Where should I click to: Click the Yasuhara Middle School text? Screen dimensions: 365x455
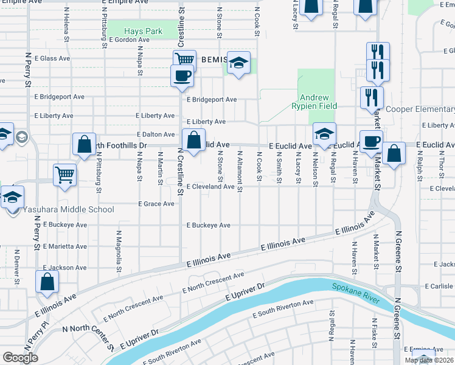click(68, 210)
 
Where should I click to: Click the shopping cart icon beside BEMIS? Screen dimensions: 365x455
click(184, 60)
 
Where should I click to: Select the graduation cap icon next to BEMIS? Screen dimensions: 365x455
click(239, 63)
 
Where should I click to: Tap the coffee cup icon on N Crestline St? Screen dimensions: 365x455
click(182, 77)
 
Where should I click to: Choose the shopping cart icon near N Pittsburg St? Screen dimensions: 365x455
click(64, 175)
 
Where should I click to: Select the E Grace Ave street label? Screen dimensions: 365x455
click(156, 204)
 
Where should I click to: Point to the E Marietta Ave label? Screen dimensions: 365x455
click(64, 246)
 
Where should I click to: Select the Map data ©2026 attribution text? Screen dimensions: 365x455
click(429, 360)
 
